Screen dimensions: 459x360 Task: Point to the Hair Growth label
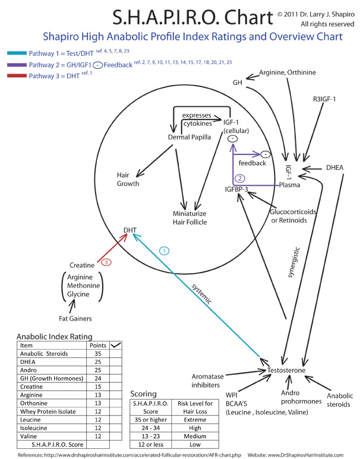click(128, 179)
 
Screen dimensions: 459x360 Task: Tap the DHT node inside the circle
click(130, 230)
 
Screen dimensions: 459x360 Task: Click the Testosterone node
click(287, 371)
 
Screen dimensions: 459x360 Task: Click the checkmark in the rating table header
click(116, 344)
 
